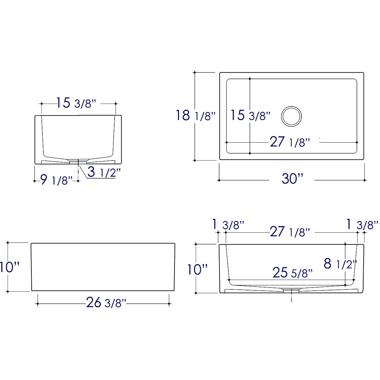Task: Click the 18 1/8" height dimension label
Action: point(196,116)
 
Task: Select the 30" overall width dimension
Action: point(292,179)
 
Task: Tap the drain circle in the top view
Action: point(291,116)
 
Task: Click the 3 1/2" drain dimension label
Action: point(104,172)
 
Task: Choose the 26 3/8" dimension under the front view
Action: point(106,303)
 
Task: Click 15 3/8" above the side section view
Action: point(76,103)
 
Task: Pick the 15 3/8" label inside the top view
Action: point(250,115)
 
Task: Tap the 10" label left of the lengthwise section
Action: point(197,270)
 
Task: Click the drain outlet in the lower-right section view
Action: point(291,289)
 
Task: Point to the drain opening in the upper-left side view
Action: point(78,161)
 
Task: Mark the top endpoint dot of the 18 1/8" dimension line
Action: point(194,72)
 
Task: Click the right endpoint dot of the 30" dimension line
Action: point(365,180)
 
